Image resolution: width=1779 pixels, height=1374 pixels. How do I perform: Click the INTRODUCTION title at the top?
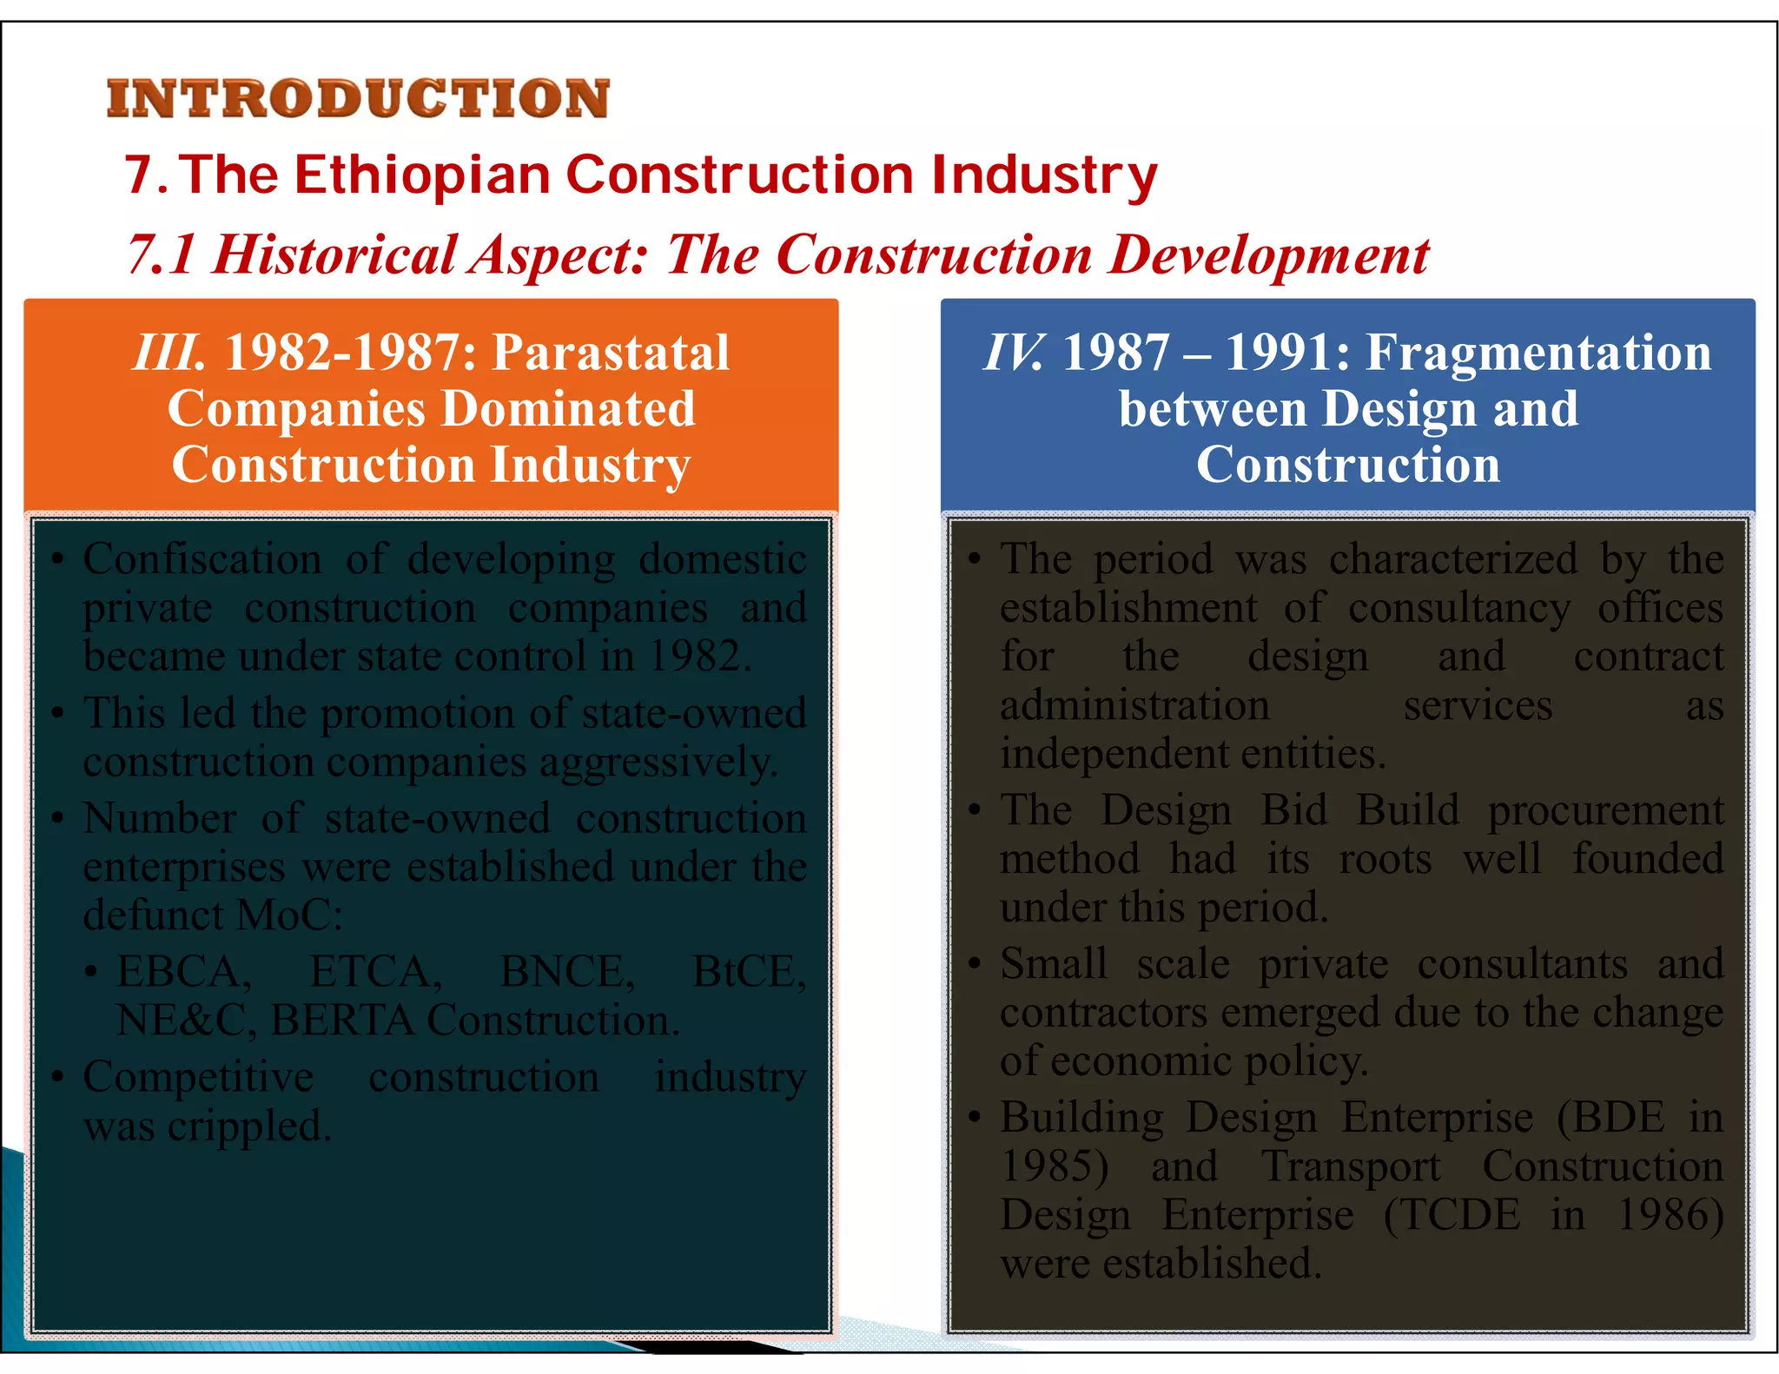358,98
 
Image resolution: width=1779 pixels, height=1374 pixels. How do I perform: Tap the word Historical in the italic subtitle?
334,255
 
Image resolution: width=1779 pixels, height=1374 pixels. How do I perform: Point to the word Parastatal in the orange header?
611,353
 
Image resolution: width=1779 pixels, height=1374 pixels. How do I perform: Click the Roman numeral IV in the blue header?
1013,353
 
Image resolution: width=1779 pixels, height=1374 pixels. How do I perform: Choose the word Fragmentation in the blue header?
1538,353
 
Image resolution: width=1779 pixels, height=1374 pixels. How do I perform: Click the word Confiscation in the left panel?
202,558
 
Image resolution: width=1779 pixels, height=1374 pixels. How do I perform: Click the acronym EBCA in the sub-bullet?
183,971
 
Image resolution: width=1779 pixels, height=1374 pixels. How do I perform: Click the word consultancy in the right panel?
1459,608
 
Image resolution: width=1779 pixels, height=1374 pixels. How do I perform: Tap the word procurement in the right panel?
1605,810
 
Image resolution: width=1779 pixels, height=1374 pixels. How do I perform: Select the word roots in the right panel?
1385,859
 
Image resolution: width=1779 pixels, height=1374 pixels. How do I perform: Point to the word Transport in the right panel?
1351,1166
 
